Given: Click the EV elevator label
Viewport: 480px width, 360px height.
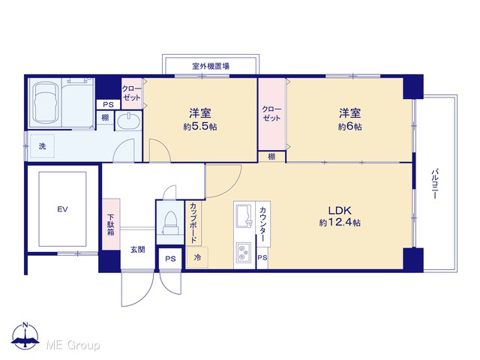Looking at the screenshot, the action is pos(62,210).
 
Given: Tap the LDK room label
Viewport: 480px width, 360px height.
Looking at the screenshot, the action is pos(340,211).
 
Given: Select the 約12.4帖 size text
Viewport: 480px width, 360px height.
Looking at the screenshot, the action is pos(340,223).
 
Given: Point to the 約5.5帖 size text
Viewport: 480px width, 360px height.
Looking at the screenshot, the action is pos(200,127).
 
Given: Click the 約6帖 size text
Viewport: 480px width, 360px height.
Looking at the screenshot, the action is pos(350,127).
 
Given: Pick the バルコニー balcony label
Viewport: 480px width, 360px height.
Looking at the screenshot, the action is pos(435,184).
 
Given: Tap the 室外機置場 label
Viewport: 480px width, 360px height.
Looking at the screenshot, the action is pos(211,66).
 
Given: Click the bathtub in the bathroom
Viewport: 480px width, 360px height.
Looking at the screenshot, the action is pos(46,103).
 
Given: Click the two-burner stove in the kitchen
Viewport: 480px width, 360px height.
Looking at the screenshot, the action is pos(244,252).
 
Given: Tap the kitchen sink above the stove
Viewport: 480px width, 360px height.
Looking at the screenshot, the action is pos(244,216).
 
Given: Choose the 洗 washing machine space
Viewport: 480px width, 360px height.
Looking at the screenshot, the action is pos(42,146).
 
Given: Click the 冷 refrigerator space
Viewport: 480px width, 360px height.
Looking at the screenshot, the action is pos(197,257).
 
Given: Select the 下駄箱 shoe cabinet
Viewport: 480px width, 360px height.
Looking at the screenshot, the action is pos(111,223).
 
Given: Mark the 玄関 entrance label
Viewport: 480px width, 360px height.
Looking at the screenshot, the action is pos(138,250).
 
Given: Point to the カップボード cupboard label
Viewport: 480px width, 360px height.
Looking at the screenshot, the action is pos(193,222).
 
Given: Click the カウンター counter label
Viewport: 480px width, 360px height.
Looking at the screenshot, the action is pos(262,224).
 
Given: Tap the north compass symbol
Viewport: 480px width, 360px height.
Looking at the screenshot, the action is pos(25,336).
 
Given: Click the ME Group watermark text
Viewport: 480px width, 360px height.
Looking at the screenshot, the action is pos(73,345).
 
